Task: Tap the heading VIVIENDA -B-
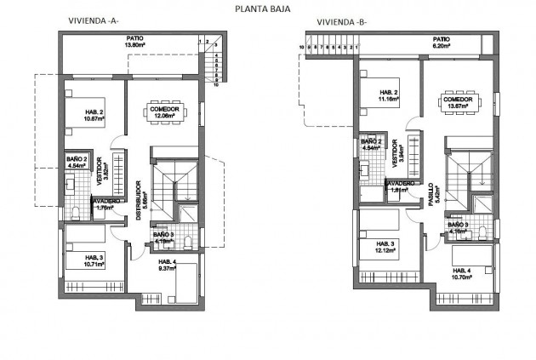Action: point(339,21)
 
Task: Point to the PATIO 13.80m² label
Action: point(134,42)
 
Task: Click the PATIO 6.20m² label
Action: point(441,42)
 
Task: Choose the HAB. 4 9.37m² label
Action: point(167,266)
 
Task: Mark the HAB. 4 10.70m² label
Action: point(465,274)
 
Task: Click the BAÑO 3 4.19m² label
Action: point(164,237)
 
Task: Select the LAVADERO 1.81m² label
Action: point(400,187)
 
